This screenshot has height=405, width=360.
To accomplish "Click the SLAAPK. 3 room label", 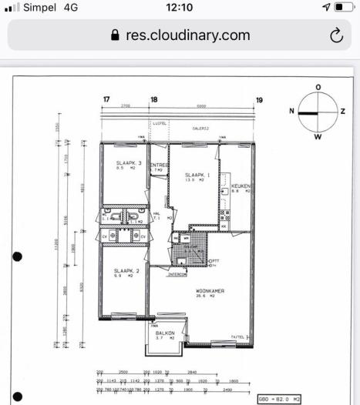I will click(x=129, y=163).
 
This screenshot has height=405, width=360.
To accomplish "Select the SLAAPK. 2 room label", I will click(x=126, y=271).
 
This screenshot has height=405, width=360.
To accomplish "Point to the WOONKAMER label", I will click(x=210, y=290).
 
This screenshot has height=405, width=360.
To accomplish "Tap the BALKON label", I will click(x=165, y=333).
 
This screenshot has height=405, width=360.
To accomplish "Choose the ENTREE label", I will click(x=159, y=165).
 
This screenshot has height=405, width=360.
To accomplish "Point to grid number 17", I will click(x=106, y=99).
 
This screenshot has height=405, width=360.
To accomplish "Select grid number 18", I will click(x=154, y=99).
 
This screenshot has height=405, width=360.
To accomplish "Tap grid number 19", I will click(x=259, y=99).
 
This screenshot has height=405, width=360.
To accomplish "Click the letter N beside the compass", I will click(x=291, y=112).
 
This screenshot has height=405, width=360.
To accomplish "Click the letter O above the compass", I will click(x=318, y=87).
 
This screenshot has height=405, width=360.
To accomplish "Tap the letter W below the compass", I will click(x=318, y=137).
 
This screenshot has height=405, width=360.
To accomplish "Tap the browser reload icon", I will click(x=335, y=35).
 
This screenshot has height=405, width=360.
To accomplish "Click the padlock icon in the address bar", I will click(x=116, y=35).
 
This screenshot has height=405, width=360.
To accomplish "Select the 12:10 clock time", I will click(x=179, y=8).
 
